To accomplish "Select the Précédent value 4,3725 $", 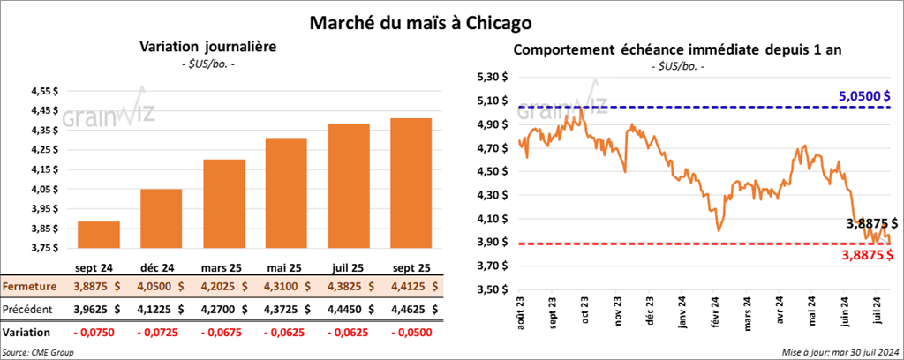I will pyautogui.click(x=287, y=310).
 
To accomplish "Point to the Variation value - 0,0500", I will pyautogui.click(x=411, y=333).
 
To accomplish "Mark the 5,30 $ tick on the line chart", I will pyautogui.click(x=492, y=77).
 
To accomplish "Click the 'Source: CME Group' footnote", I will pyautogui.click(x=38, y=352).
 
